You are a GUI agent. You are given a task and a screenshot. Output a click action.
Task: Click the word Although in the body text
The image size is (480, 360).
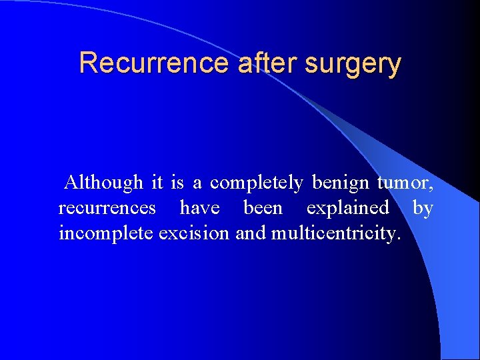click(x=103, y=182)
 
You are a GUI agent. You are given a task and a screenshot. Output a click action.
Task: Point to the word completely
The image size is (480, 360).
click(x=257, y=182)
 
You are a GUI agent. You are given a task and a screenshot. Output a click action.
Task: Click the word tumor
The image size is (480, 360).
click(x=406, y=182)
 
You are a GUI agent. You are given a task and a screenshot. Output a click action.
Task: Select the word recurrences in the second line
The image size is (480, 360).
click(x=107, y=208)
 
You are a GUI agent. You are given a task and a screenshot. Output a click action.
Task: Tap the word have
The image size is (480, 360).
click(x=199, y=208)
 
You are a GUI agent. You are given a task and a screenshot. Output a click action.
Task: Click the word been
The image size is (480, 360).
click(x=263, y=208)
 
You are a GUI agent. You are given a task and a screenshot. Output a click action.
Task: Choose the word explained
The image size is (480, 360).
click(x=347, y=208)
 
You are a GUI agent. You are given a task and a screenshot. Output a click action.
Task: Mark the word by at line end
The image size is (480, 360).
click(x=423, y=208)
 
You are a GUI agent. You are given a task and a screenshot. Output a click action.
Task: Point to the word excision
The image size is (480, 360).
click(x=193, y=234)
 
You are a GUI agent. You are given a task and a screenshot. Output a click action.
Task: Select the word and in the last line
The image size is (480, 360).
click(x=250, y=234)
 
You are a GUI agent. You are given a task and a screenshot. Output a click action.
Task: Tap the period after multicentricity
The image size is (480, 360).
click(x=399, y=239)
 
